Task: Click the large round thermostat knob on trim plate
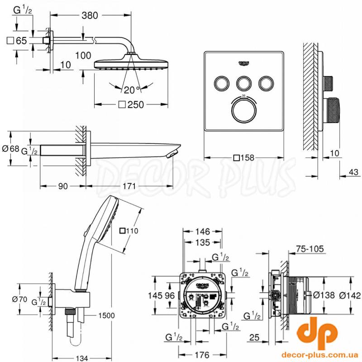coord(244,109)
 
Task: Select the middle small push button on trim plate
coord(244,82)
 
